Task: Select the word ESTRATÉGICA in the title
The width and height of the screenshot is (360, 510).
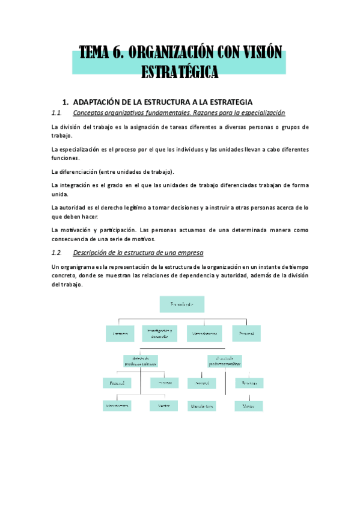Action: coord(179,72)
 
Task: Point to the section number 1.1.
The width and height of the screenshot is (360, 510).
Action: coord(58,112)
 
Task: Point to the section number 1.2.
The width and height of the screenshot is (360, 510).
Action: coord(58,252)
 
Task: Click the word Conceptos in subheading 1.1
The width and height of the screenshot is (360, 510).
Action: coord(90,112)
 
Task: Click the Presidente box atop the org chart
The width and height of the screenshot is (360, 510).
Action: coord(182,304)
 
